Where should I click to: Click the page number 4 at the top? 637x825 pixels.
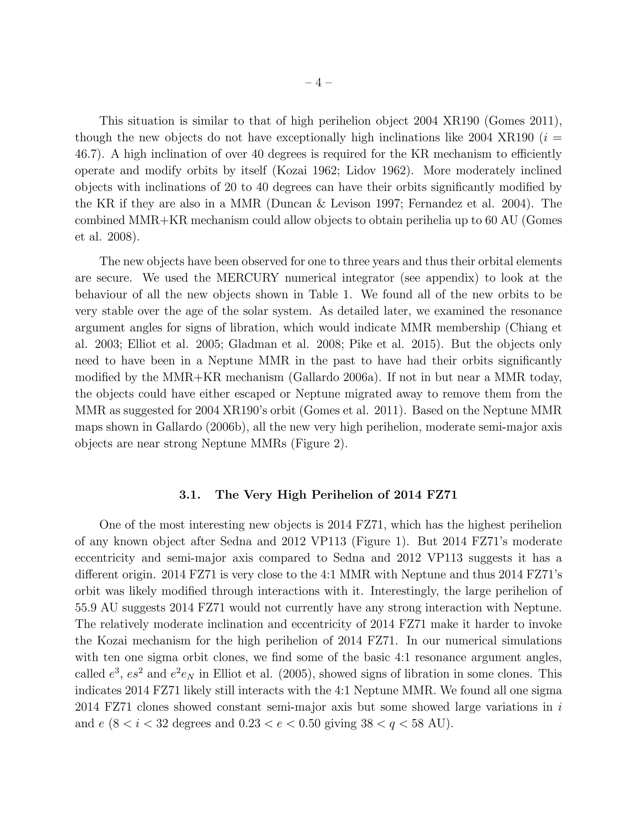tap(318, 83)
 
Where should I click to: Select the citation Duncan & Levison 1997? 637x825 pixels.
tap(330, 204)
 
